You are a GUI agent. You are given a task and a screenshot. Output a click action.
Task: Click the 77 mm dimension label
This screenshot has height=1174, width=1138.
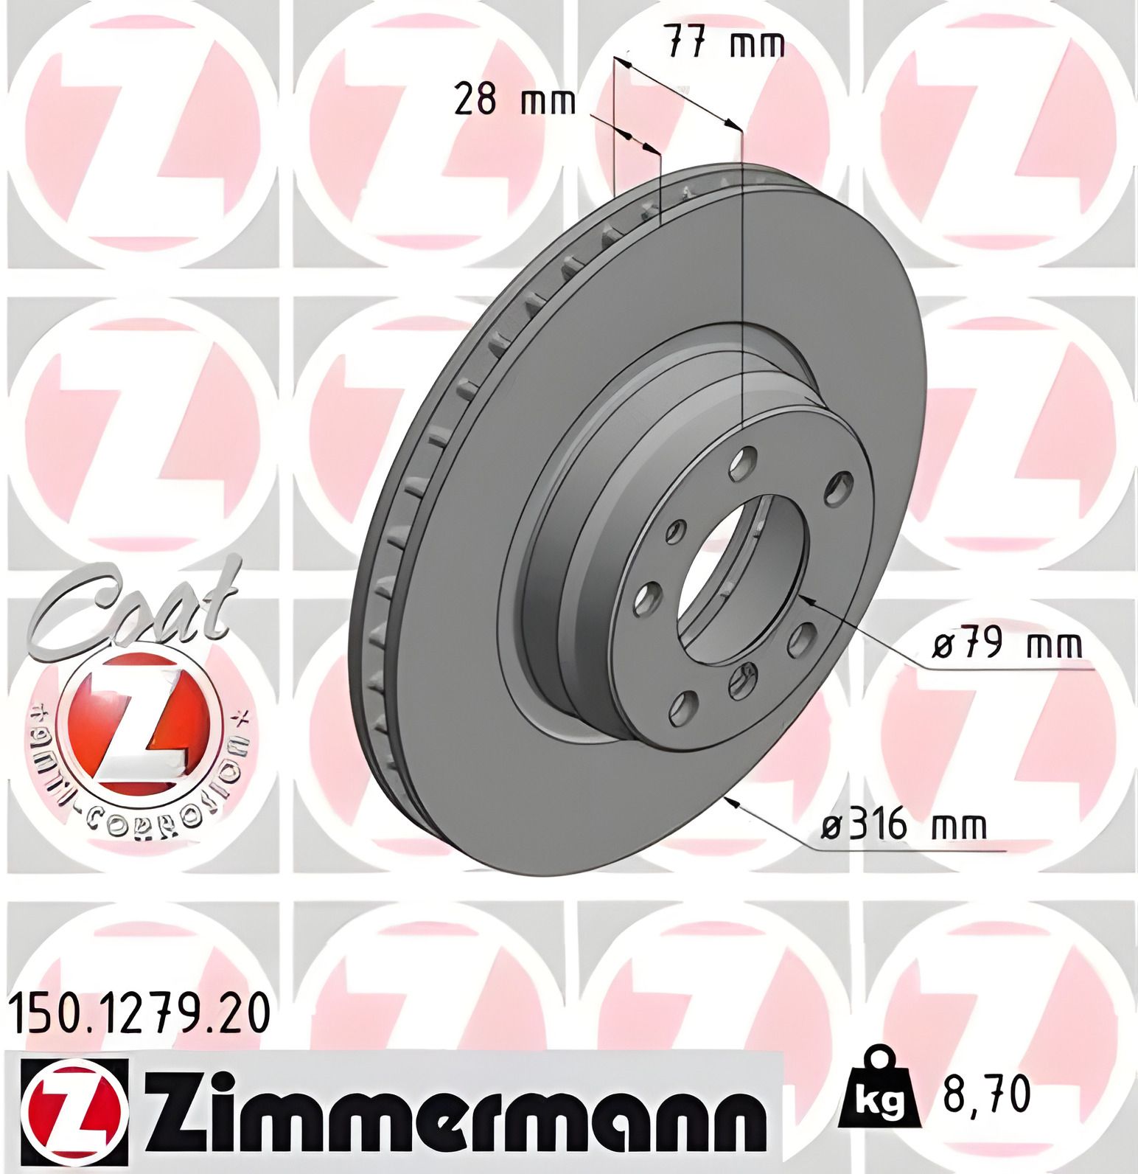tap(725, 45)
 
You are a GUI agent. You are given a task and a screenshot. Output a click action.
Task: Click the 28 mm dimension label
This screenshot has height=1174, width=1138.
tap(514, 100)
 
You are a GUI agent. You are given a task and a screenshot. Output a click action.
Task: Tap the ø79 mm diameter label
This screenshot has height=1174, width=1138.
tap(1008, 645)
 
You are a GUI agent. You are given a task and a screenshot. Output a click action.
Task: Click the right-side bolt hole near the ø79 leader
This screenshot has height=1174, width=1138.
tap(801, 638)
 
